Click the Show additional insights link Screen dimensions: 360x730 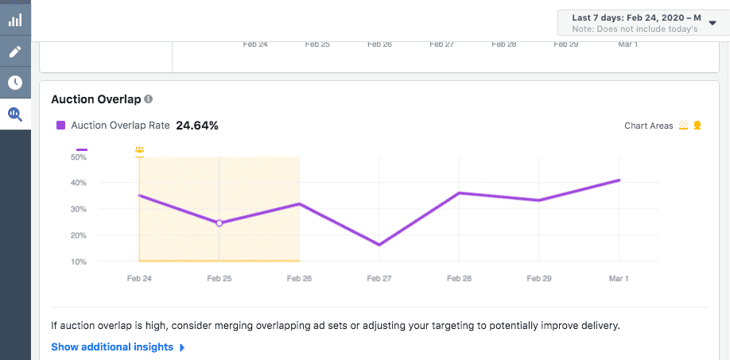point(112,347)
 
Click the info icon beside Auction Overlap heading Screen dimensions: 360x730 point(149,99)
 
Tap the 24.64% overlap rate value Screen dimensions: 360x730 point(197,126)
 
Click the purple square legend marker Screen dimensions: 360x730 point(60,126)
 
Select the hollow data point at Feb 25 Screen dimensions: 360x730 point(219,223)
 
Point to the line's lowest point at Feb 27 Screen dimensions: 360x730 point(379,245)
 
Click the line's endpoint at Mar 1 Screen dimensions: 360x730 point(619,180)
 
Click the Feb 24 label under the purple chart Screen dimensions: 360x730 point(139,279)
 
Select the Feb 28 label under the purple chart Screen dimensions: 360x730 point(459,279)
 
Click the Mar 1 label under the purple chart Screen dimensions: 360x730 point(619,279)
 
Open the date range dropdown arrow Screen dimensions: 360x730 point(712,23)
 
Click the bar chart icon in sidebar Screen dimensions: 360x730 point(15,21)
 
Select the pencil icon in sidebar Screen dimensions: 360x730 point(15,52)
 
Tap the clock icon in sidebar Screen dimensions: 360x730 point(15,83)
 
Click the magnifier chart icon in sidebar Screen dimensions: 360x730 point(15,114)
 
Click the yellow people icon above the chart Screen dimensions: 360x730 point(140,149)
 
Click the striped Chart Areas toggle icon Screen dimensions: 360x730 point(683,126)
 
